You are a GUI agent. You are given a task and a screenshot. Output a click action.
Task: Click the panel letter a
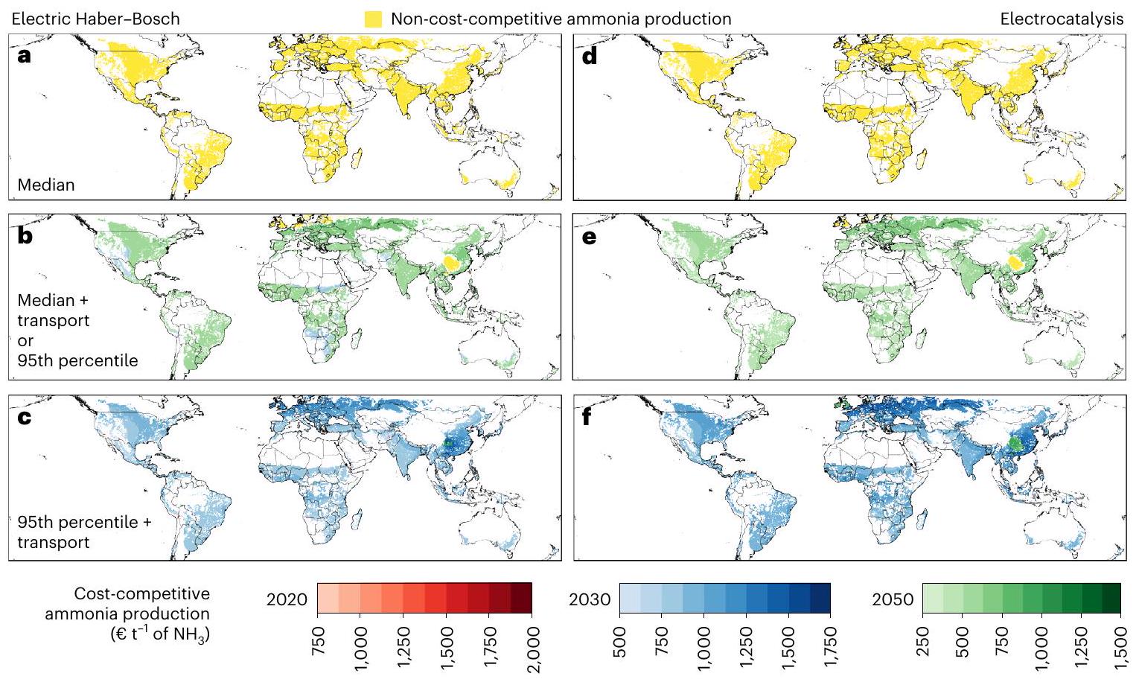point(25,56)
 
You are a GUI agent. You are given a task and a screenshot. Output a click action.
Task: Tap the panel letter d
point(590,56)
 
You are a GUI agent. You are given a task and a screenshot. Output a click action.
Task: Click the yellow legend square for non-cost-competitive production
point(374,19)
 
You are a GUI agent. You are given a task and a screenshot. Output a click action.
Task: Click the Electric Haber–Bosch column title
point(95,19)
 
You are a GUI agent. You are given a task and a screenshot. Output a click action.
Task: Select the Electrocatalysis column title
point(1062,19)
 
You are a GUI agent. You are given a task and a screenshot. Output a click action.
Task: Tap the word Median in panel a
point(46,185)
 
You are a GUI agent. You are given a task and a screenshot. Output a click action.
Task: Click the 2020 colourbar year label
point(287,599)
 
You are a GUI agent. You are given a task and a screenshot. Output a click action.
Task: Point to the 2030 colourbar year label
point(590,599)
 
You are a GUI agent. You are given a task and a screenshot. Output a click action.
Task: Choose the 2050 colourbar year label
point(893,599)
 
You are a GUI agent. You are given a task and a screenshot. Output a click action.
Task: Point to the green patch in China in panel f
point(1014,445)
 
